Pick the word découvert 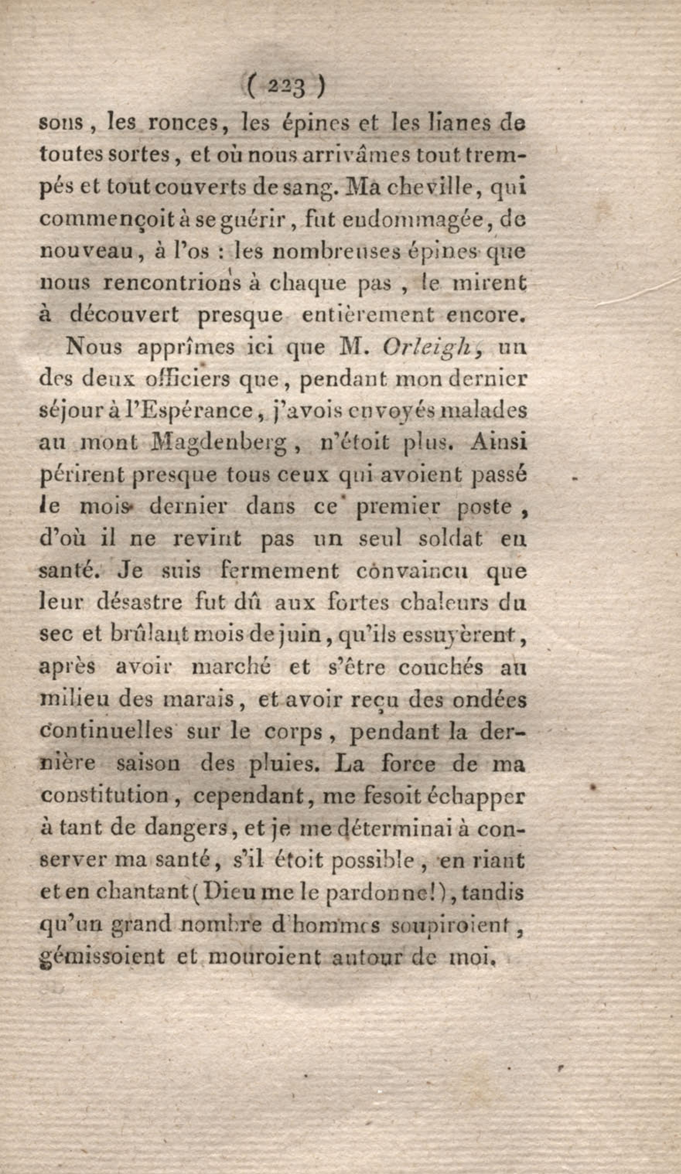[124, 315]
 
